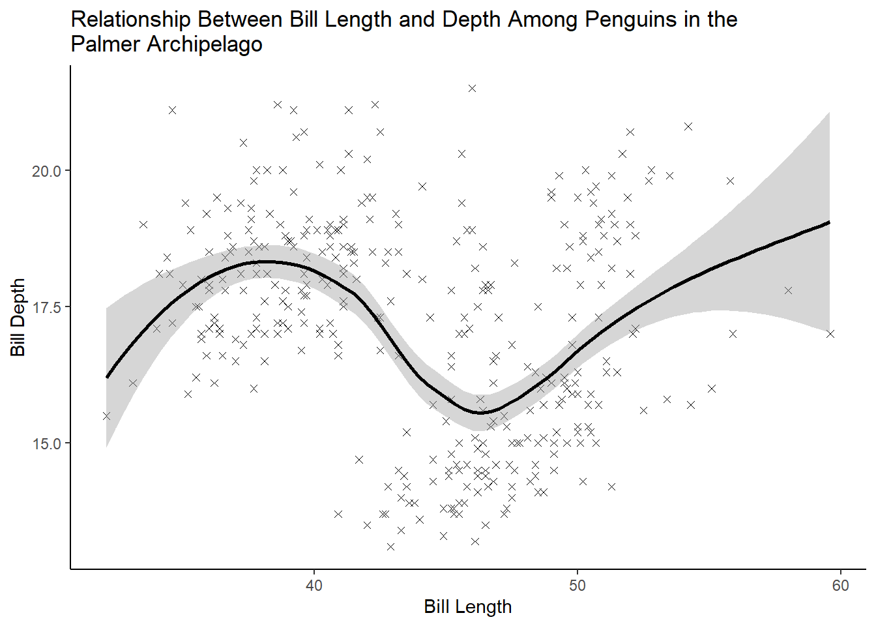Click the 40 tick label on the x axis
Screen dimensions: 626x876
314,586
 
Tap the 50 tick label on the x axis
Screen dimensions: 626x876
577,586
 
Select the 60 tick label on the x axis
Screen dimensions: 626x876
841,586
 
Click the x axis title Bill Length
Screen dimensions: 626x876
467,607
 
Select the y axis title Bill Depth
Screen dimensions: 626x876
18,318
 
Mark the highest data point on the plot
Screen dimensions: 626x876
472,88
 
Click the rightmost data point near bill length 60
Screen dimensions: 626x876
830,334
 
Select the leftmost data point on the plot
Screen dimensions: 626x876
106,416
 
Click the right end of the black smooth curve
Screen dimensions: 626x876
830,222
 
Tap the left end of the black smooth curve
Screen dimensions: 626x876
107,377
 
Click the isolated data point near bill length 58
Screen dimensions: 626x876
788,290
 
